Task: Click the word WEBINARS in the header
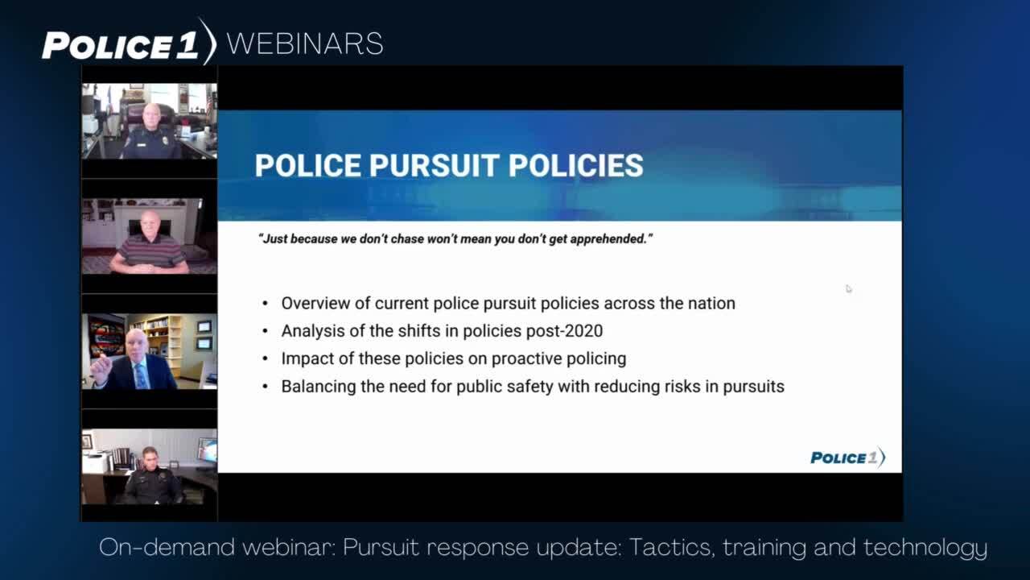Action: tap(305, 44)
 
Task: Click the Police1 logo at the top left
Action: tap(129, 43)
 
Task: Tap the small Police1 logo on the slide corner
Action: tap(847, 458)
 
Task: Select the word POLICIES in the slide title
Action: tap(575, 165)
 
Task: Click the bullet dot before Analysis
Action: tap(265, 331)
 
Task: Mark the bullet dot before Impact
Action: tap(265, 358)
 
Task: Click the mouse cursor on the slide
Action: tap(848, 288)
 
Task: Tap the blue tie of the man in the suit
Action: tap(141, 376)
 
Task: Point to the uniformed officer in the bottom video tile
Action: tap(153, 476)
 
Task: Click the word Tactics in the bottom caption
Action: tap(671, 548)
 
